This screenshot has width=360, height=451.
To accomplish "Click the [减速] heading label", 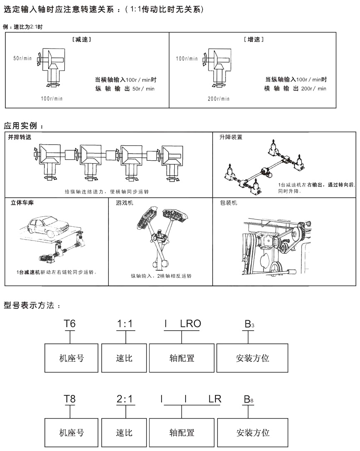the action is [82, 39].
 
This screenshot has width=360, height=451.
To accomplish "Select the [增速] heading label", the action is [254, 39].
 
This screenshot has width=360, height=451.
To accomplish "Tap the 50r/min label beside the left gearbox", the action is [22, 58].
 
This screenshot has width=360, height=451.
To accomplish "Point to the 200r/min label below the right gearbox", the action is [218, 99].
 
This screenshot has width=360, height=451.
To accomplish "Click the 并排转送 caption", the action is [20, 137].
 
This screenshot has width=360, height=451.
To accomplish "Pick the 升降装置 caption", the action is [231, 137].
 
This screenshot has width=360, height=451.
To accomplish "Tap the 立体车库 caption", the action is [22, 203].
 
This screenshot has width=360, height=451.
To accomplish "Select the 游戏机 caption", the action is [125, 203].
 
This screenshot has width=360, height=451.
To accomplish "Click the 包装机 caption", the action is [229, 203].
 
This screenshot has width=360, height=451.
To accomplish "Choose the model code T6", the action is [70, 324].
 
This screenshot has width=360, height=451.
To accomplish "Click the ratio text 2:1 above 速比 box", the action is [125, 399].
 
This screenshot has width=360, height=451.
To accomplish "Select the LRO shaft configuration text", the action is [190, 324].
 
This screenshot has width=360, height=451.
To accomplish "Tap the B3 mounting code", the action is [249, 324].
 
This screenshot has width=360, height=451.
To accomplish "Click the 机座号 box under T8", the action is [71, 433].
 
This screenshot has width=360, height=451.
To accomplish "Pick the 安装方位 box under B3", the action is [252, 358].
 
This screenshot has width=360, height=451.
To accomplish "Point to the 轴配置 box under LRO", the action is [182, 358].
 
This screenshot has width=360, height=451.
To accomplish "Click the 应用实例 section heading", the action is [23, 126].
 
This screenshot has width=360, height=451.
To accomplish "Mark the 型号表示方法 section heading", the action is [32, 305].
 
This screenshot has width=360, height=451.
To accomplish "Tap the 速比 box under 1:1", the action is [124, 358].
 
